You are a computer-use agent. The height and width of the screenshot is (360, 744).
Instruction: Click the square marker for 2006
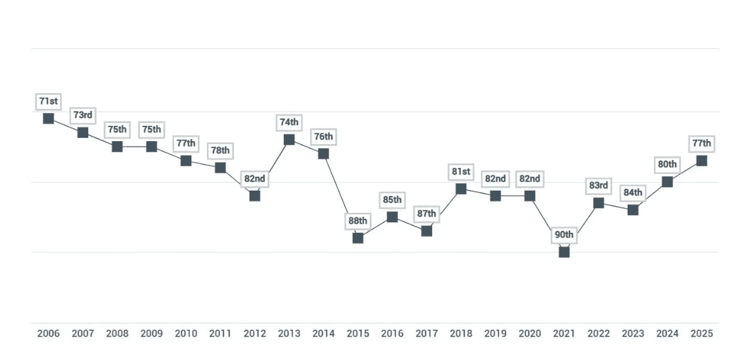pos(48,118)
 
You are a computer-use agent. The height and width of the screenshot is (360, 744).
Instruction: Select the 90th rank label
pos(564,235)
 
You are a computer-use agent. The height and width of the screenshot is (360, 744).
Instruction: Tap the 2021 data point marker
pos(564,252)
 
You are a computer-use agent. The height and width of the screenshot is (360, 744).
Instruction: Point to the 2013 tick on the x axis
pos(289,333)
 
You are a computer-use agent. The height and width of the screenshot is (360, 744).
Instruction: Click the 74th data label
pos(289,122)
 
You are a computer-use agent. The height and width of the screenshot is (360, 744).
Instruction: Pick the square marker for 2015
pos(358,238)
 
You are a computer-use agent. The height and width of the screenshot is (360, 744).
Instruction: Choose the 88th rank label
pos(358,221)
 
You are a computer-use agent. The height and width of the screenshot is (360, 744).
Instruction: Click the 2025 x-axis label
pos(701,333)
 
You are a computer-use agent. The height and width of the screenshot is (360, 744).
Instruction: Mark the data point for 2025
pos(701,161)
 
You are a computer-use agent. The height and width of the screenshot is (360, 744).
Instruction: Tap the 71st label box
pos(48,101)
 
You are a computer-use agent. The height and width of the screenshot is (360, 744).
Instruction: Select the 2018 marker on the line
pos(461,189)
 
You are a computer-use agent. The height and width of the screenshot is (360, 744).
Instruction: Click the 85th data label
pos(392,199)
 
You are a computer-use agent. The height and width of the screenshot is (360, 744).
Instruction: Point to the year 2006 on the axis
pos(48,333)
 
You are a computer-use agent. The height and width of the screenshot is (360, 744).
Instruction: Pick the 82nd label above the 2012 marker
pos(255,179)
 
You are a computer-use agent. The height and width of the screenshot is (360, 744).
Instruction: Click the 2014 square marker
pos(323,153)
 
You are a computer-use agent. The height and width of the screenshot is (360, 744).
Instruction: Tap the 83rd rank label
pos(599,185)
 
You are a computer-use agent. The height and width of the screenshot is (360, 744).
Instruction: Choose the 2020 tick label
pos(530,333)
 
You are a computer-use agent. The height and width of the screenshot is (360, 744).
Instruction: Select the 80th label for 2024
pos(667,165)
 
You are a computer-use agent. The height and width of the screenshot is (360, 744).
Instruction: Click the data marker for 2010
pos(186,161)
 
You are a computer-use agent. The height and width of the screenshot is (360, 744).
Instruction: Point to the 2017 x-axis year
pos(427,333)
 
